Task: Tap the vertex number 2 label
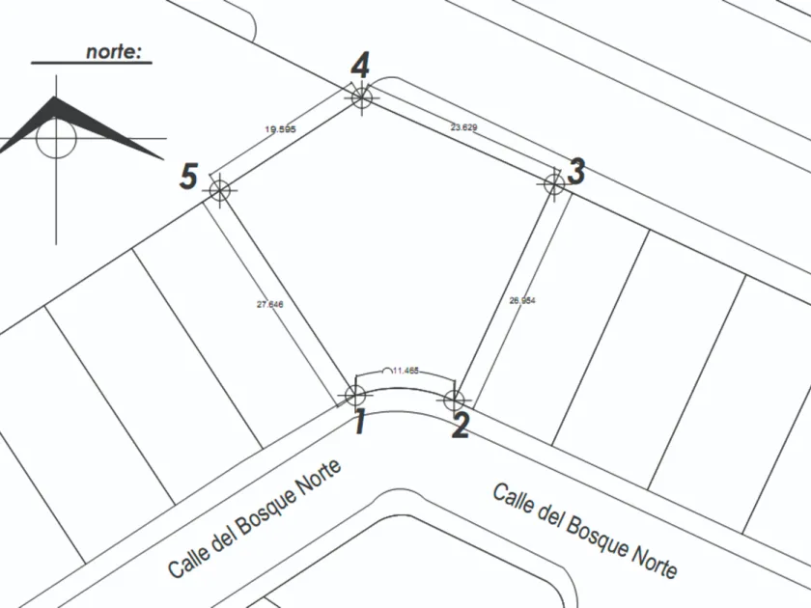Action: coord(461,425)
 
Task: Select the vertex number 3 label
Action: coord(575,172)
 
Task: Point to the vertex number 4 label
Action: coord(360,67)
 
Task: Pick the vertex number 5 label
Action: coord(189,178)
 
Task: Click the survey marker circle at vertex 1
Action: coord(355,394)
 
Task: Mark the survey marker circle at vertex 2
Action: coord(455,400)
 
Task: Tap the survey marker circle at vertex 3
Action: coord(553,182)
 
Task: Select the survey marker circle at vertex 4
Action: coord(361,96)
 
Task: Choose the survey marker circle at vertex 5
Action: coord(220,190)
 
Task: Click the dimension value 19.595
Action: coord(280,128)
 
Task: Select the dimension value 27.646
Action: coord(269,305)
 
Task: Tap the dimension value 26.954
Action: coord(521,301)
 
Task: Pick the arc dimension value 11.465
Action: coord(405,370)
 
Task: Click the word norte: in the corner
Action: coord(119,51)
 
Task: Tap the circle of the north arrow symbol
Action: coord(56,138)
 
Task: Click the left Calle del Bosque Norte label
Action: coord(254,518)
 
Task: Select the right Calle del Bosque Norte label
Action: coord(586,530)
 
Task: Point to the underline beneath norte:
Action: coord(92,64)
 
